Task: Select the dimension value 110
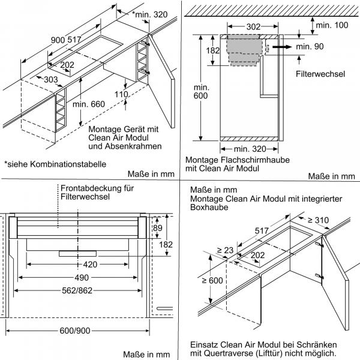[122, 95]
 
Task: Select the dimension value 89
[158, 227]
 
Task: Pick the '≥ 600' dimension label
[206, 278]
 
